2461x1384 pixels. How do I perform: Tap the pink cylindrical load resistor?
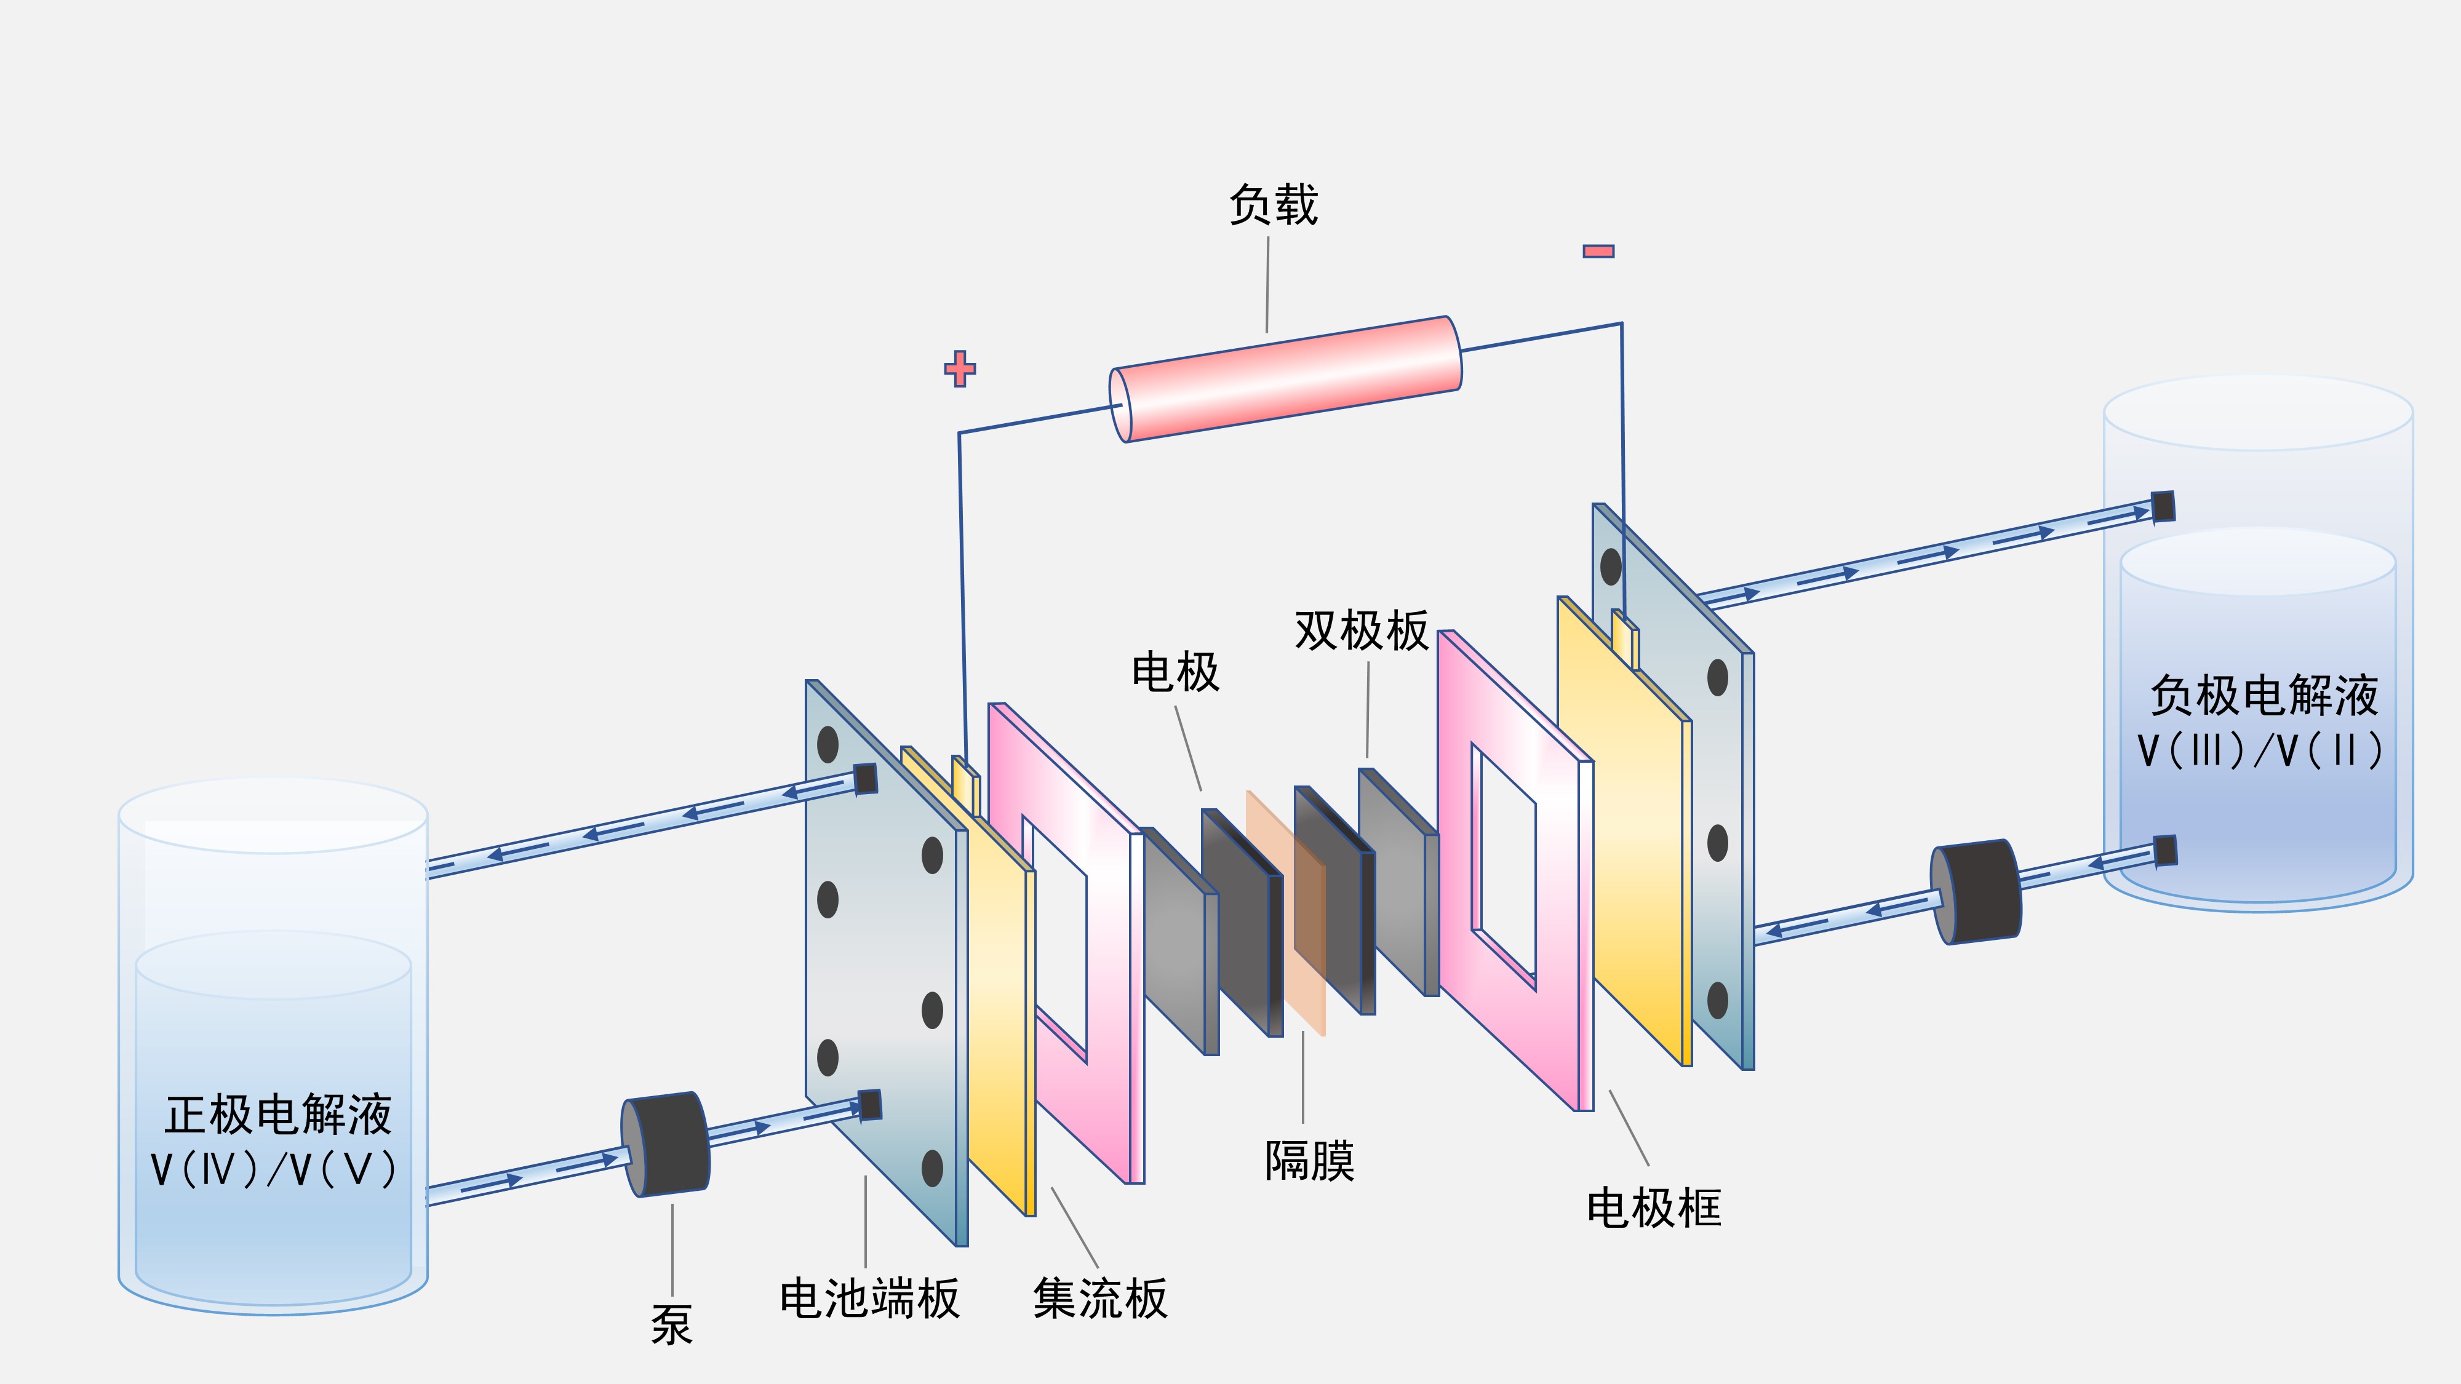(x=1286, y=379)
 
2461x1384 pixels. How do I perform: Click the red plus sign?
(x=959, y=368)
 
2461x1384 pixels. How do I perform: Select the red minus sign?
(x=1598, y=251)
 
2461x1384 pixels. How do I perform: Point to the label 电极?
(x=1175, y=672)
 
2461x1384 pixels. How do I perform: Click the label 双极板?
(x=1362, y=631)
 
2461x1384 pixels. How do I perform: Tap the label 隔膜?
(x=1309, y=1161)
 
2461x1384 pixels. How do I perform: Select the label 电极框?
(x=1654, y=1208)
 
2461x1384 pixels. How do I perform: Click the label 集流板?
(x=1099, y=1299)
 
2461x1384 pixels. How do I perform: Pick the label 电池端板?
(x=869, y=1299)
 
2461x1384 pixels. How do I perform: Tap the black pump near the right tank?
(x=1976, y=892)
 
